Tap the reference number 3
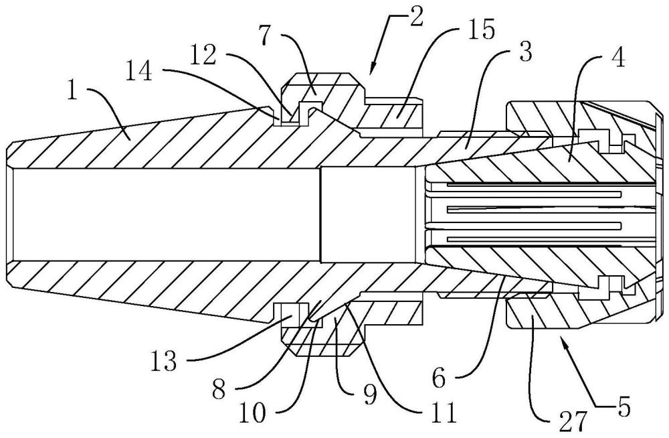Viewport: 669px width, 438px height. (525, 52)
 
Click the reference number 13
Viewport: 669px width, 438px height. (163, 361)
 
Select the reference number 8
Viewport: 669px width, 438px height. (219, 389)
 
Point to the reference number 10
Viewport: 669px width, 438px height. (252, 413)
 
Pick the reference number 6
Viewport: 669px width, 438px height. (440, 377)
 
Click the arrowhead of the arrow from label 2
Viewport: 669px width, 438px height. (372, 68)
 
